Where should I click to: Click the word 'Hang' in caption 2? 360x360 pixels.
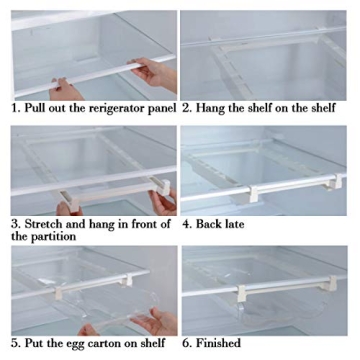coord(214,107)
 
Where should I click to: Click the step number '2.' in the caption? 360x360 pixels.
coord(187,107)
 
